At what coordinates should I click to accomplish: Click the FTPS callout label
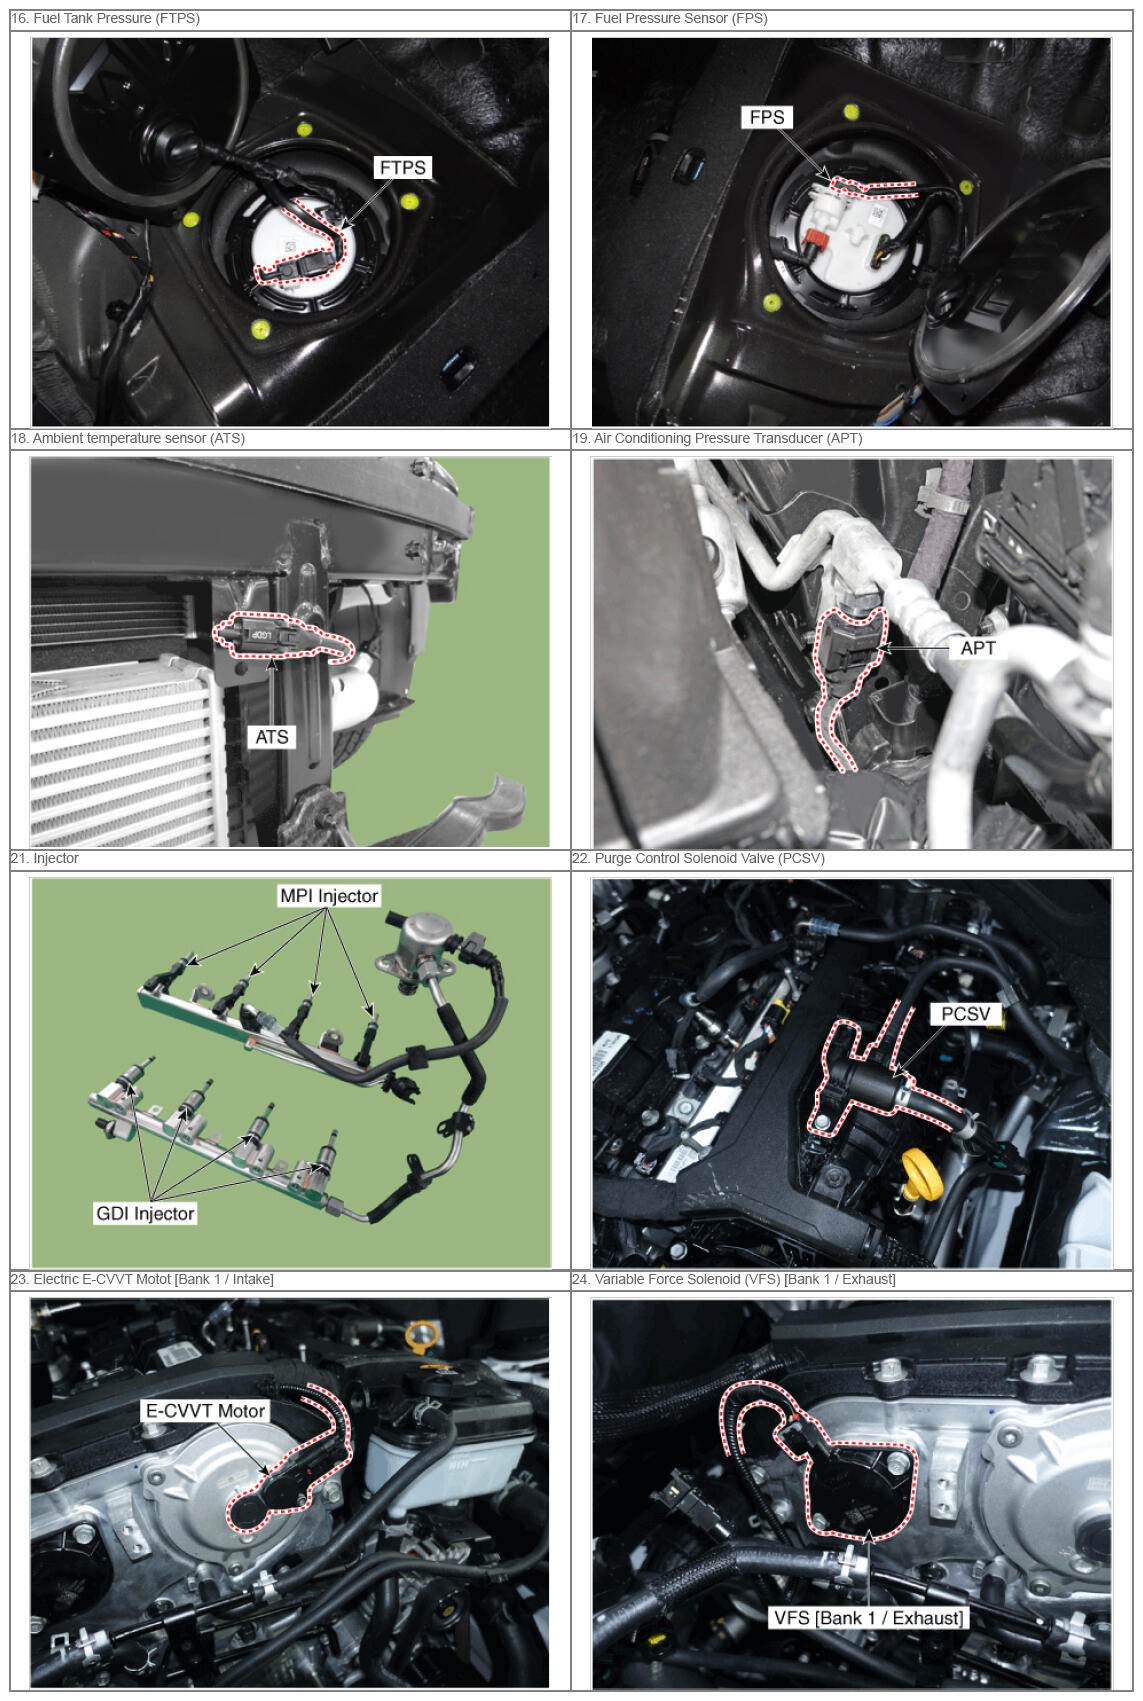click(x=402, y=168)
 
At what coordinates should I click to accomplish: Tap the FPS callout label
click(x=766, y=117)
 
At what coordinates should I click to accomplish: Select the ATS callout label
click(x=271, y=737)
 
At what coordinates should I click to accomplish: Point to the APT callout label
click(x=977, y=648)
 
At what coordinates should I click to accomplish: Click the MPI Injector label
click(x=329, y=896)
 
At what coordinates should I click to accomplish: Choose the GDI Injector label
click(x=145, y=1213)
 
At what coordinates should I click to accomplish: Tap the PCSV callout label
click(x=965, y=1014)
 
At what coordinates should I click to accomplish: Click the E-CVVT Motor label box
click(x=205, y=1411)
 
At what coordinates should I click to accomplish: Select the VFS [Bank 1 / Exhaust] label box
click(x=868, y=1618)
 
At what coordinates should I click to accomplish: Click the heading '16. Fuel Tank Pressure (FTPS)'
click(x=106, y=18)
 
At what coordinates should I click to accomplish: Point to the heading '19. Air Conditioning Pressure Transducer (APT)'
click(x=717, y=438)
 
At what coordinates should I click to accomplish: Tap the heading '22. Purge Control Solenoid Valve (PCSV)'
click(x=698, y=858)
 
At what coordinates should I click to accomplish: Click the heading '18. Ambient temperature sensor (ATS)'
click(x=128, y=438)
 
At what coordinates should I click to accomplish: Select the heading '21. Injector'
click(x=45, y=858)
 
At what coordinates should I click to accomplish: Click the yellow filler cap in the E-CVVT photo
click(x=422, y=1334)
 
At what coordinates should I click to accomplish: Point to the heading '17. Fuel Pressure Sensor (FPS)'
click(x=670, y=18)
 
